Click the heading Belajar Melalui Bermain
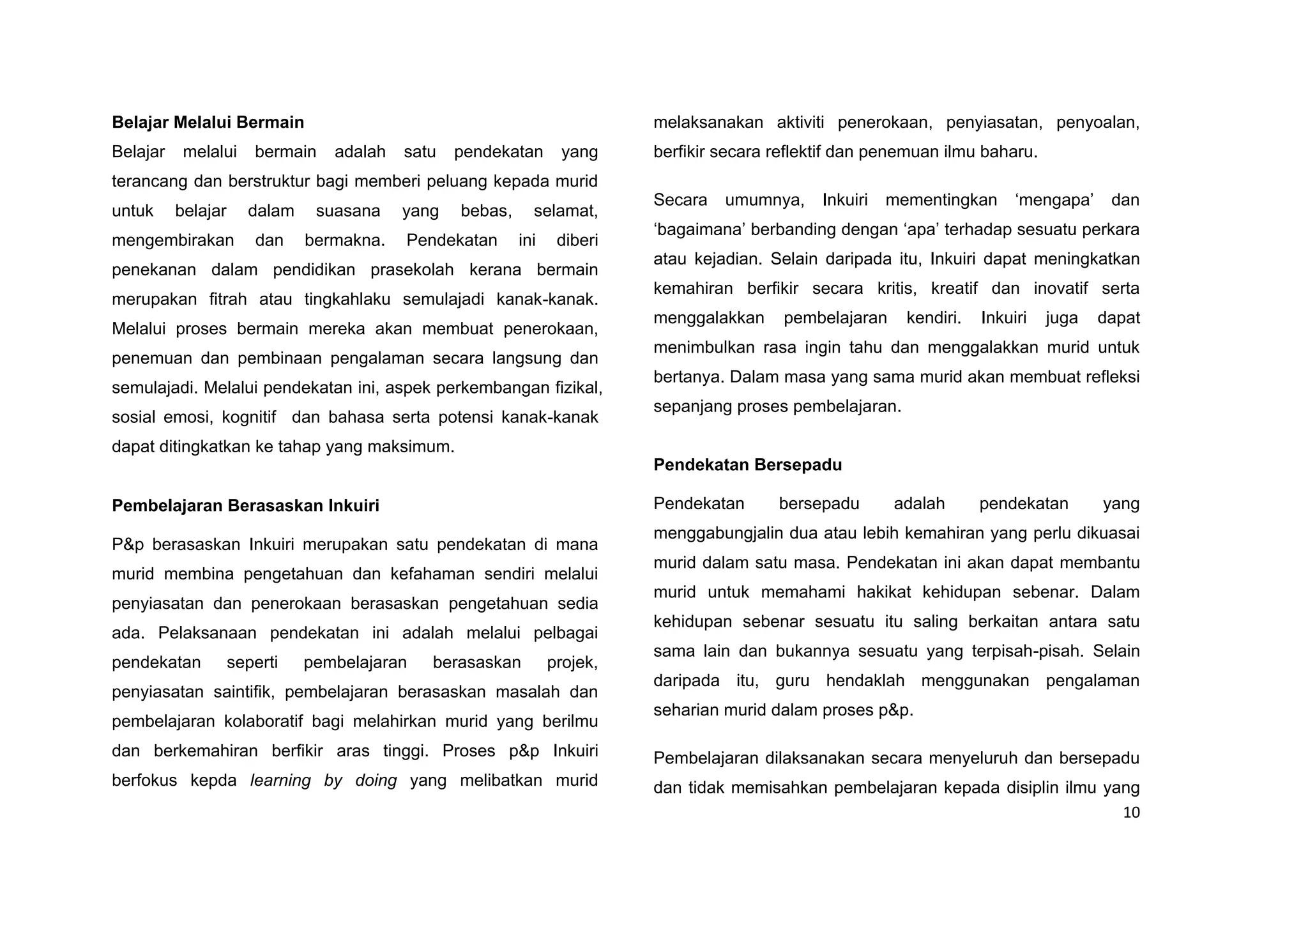[208, 122]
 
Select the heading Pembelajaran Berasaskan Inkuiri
[245, 505]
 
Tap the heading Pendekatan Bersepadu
[747, 464]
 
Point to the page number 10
[1131, 813]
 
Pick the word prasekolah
[412, 270]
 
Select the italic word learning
[280, 780]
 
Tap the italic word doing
[376, 780]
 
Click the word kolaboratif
[264, 721]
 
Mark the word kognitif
[249, 417]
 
